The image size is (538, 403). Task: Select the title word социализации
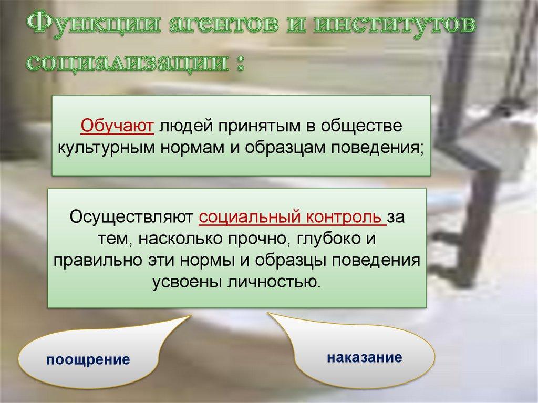coord(128,63)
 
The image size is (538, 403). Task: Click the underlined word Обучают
coord(117,127)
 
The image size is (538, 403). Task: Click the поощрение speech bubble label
coord(88,360)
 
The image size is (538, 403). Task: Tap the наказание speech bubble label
coord(364,358)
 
